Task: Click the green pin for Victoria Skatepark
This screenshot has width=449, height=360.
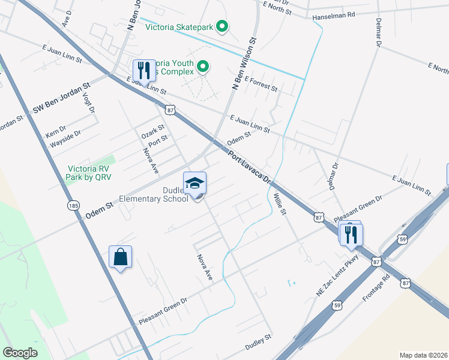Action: point(222,26)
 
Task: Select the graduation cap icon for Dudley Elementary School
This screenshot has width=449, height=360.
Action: point(194,183)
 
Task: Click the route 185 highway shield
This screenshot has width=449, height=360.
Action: point(73,206)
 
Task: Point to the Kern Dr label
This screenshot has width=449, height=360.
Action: point(56,133)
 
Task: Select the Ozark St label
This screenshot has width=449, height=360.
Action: point(152,130)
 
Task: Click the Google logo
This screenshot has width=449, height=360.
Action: point(20,352)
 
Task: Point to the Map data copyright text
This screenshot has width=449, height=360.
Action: point(423,355)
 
